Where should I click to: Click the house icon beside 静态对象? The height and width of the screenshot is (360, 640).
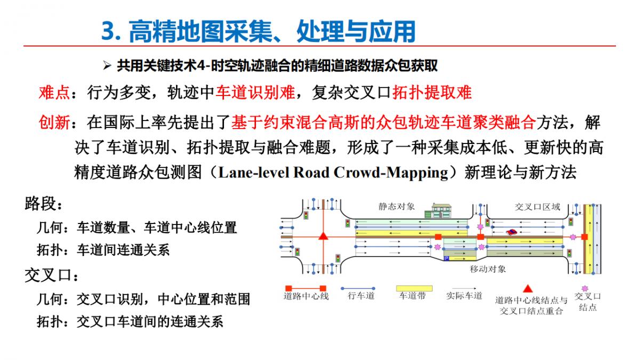pyautogui.click(x=438, y=211)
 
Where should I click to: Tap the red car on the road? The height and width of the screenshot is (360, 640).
pyautogui.click(x=511, y=231)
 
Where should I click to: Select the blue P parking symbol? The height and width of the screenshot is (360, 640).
pyautogui.click(x=446, y=259)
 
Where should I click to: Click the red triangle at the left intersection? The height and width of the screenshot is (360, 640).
pyautogui.click(x=323, y=236)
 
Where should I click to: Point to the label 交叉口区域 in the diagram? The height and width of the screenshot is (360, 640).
pyautogui.click(x=537, y=207)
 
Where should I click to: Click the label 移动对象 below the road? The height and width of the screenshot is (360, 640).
pyautogui.click(x=487, y=269)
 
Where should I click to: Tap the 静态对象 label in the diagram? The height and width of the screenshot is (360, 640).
pyautogui.click(x=397, y=206)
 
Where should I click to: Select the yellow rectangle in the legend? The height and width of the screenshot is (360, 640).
pyautogui.click(x=414, y=289)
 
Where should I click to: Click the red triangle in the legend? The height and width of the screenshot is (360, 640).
pyautogui.click(x=527, y=289)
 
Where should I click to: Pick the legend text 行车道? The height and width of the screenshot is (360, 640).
pyautogui.click(x=361, y=295)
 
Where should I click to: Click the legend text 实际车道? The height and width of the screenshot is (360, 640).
pyautogui.click(x=465, y=295)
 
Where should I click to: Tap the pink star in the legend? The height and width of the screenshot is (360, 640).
pyautogui.click(x=585, y=289)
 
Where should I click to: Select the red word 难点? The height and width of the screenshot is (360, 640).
pyautogui.click(x=54, y=93)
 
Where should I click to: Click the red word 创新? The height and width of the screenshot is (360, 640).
pyautogui.click(x=54, y=123)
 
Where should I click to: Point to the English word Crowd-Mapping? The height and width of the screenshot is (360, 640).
pyautogui.click(x=390, y=173)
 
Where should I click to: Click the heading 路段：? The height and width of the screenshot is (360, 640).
pyautogui.click(x=43, y=204)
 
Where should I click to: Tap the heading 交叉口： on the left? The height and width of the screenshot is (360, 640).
pyautogui.click(x=51, y=275)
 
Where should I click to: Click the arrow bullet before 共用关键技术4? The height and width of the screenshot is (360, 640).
pyautogui.click(x=107, y=66)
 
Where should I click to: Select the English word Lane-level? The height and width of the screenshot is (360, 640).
pyautogui.click(x=254, y=172)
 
